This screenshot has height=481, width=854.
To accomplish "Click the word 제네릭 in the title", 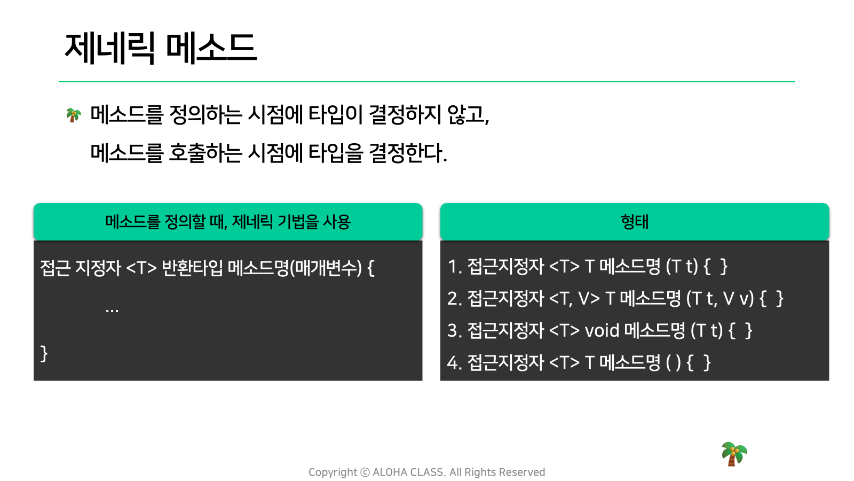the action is (x=110, y=48).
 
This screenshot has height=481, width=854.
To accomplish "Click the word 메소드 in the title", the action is (x=211, y=48).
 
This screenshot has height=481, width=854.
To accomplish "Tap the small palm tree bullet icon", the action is (x=74, y=115).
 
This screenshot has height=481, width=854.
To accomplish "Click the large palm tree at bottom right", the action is (x=734, y=454).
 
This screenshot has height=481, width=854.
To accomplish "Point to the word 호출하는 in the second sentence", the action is (x=205, y=153).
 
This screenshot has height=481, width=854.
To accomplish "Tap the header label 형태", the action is (x=635, y=222).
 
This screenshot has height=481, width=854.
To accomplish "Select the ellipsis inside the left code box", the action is (x=112, y=311).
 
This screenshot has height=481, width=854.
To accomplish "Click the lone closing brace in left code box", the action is (x=44, y=353).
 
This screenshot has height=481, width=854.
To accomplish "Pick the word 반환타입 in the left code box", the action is (x=192, y=268).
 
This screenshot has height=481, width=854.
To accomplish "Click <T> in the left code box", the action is (x=141, y=268).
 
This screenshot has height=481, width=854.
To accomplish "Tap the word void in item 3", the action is (x=602, y=330).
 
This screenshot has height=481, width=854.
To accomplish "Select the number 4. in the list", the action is (x=454, y=363).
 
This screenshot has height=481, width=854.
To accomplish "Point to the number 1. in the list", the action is (x=454, y=267).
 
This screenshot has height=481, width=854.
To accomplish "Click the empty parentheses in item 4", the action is (x=673, y=363).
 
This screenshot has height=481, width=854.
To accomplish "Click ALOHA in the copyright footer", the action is (x=390, y=472).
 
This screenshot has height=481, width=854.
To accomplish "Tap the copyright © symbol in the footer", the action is (x=365, y=472).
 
